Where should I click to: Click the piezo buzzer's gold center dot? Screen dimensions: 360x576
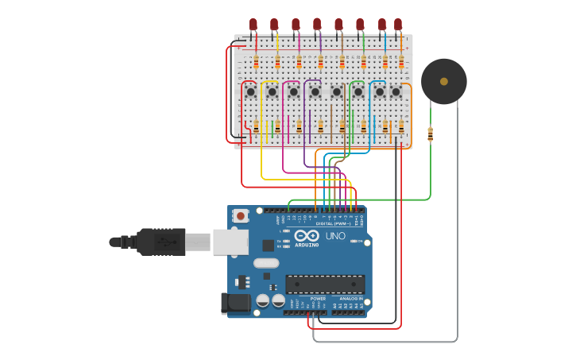click(443, 81)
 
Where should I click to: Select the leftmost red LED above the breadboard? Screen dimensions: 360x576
click(253, 25)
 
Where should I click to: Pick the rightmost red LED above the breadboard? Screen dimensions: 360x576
click(398, 25)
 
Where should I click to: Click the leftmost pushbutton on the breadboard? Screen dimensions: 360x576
click(251, 92)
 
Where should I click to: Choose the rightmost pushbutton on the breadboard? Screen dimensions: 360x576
click(396, 92)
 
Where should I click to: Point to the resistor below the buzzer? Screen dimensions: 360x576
click(430, 134)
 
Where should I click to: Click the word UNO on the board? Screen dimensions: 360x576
click(335, 236)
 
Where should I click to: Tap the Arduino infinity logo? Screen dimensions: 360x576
click(307, 235)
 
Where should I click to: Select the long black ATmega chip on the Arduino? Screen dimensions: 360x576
click(325, 284)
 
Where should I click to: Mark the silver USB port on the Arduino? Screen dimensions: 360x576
click(230, 242)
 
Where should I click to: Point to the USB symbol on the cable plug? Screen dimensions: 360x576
click(164, 241)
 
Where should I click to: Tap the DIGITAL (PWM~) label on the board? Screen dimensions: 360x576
click(332, 224)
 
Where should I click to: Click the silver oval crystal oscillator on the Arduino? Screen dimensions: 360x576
click(267, 263)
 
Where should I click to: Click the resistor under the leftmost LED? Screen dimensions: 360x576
click(256, 62)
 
